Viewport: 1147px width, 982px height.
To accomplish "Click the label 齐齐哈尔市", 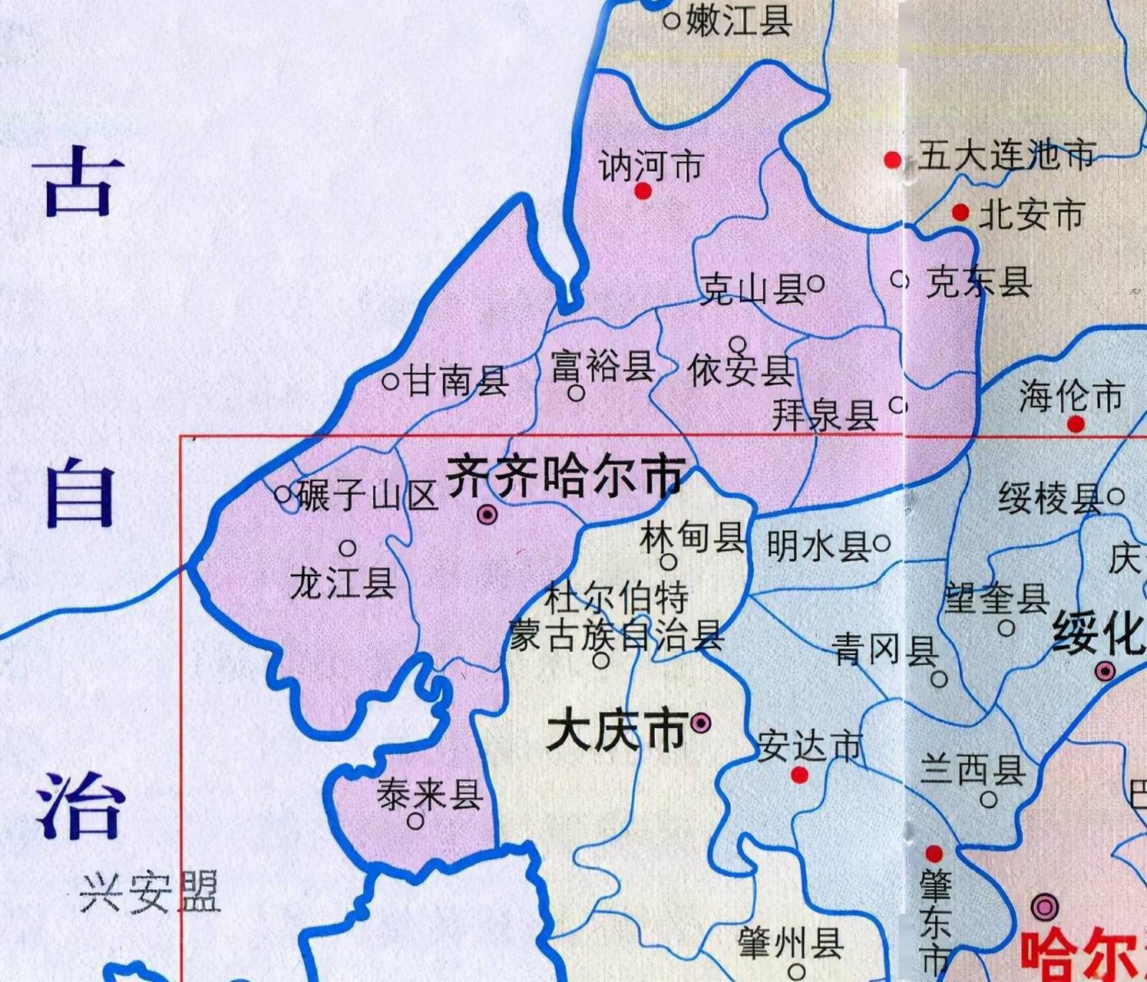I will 565,475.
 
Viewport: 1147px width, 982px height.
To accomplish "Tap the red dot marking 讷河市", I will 643,191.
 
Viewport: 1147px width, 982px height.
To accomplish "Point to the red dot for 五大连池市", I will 892,160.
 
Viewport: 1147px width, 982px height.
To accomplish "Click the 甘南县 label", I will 457,380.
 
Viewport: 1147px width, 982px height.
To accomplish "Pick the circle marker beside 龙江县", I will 348,548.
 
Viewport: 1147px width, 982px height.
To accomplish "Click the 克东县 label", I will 978,282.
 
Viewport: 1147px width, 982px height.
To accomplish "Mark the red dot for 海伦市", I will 1076,423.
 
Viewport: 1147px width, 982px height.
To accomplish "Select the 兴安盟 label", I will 150,892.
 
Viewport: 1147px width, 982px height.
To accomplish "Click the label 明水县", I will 818,546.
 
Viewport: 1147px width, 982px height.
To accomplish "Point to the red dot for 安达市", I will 799,775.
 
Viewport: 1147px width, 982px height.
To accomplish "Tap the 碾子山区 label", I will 367,495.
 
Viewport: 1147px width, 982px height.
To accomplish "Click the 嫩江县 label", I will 739,19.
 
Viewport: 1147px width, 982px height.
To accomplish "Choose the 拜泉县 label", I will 825,415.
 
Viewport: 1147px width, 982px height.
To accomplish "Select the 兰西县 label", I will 972,768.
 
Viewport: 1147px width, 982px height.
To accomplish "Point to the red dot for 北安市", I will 960,213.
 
